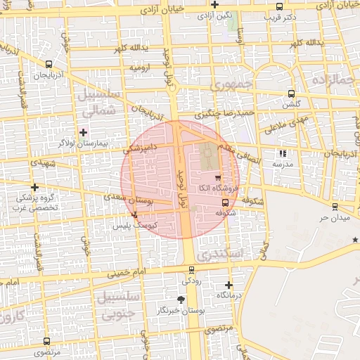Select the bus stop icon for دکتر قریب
[280, 6]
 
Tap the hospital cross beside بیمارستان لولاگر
[84, 131]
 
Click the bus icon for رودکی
[191, 270]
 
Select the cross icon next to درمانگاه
[229, 285]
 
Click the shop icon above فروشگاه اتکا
[217, 177]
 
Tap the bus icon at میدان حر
[334, 207]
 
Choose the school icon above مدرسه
[283, 153]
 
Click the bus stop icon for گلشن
[291, 94]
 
